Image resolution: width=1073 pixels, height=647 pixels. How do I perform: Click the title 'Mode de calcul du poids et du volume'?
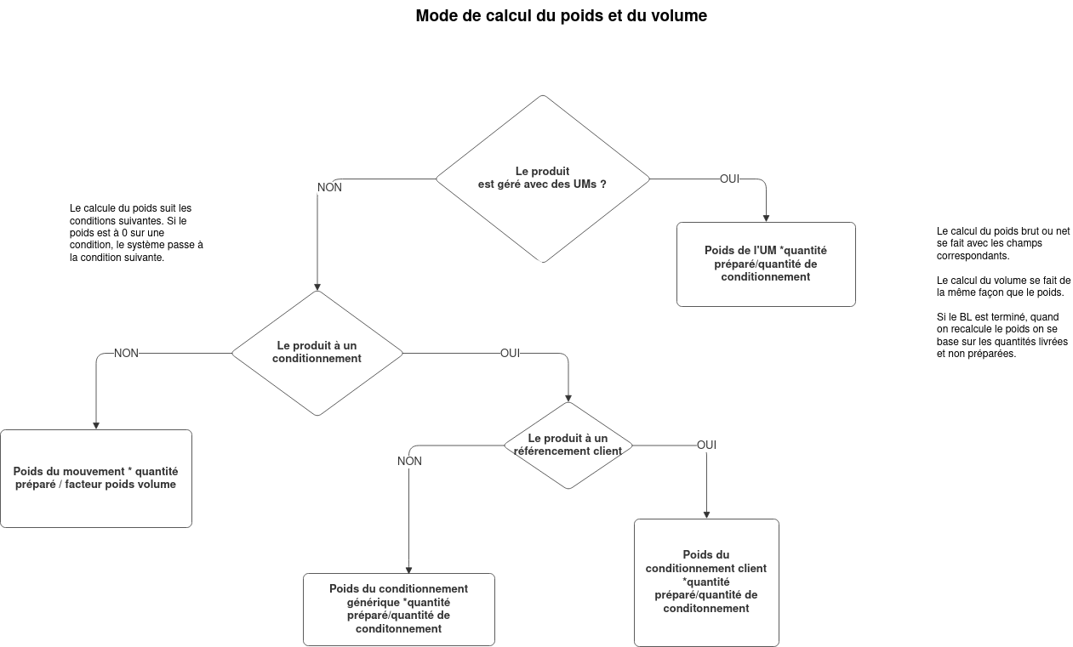(561, 16)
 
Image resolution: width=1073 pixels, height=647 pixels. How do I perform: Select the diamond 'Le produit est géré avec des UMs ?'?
(543, 179)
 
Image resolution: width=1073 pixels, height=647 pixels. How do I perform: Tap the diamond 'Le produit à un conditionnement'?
(317, 353)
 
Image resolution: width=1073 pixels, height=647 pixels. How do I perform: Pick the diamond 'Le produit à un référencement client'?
(568, 446)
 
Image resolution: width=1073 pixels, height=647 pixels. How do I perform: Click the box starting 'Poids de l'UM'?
(766, 264)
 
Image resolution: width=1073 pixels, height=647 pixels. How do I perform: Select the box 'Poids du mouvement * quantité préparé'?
(96, 479)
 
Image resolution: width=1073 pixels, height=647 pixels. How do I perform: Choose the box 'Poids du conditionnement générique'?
(399, 610)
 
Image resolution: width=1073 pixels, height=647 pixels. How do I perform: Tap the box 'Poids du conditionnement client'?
(706, 582)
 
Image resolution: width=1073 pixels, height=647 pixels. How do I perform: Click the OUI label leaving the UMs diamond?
(729, 179)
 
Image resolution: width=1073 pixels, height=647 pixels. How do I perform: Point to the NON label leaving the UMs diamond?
(329, 188)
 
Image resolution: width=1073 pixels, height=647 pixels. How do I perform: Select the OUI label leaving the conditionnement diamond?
(511, 353)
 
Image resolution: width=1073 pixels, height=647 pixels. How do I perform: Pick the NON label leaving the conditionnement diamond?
(126, 353)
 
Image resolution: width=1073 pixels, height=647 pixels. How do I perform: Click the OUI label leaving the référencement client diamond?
(706, 445)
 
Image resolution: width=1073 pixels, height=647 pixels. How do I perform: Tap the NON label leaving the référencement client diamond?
(409, 461)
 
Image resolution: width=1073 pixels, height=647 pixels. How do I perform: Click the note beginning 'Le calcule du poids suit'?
(136, 233)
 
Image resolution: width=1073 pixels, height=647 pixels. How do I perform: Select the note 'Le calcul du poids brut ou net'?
(1003, 244)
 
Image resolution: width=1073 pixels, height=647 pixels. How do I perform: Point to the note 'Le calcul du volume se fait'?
(1003, 287)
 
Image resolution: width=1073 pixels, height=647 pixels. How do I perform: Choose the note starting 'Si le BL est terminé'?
(1002, 336)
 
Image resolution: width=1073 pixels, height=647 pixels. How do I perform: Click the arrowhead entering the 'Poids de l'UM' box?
(766, 219)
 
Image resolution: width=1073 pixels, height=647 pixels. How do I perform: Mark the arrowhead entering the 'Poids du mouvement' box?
(96, 426)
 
